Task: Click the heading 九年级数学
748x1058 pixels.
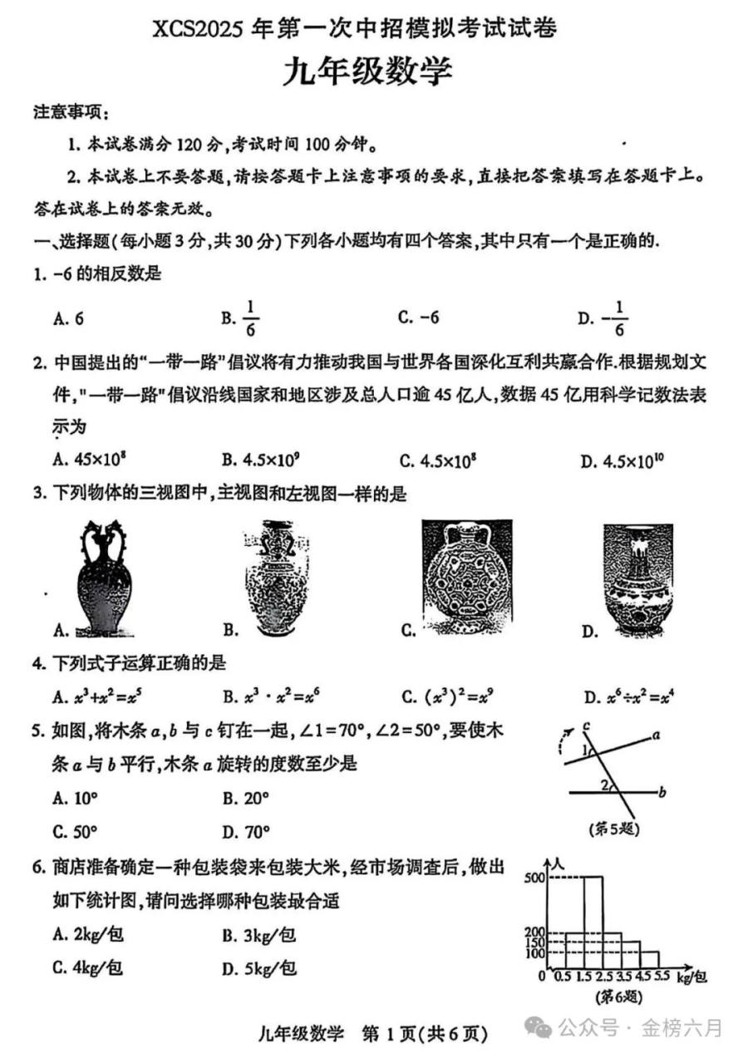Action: pyautogui.click(x=368, y=71)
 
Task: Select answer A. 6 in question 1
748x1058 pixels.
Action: pyautogui.click(x=69, y=317)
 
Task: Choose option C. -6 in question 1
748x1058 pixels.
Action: pyautogui.click(x=418, y=317)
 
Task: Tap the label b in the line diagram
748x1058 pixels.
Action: pyautogui.click(x=662, y=793)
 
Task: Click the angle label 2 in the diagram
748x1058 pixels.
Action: pyautogui.click(x=604, y=784)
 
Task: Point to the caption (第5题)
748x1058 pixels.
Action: pyautogui.click(x=613, y=829)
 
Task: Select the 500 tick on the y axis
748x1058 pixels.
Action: pyautogui.click(x=534, y=877)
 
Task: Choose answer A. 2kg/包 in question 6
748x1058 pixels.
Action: pyautogui.click(x=87, y=934)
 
